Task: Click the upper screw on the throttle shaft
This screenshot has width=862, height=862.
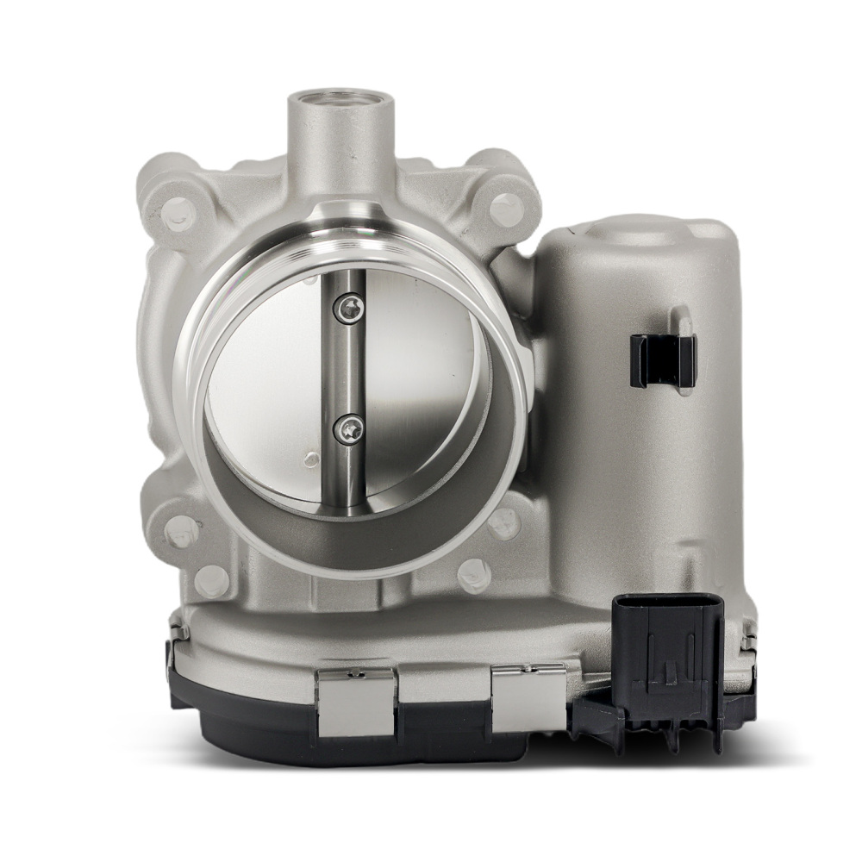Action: click(x=348, y=308)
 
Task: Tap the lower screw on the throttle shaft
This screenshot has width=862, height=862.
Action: click(x=348, y=428)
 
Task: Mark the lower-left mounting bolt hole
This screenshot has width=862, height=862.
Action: click(x=182, y=530)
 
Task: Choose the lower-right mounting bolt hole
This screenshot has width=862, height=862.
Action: click(x=503, y=522)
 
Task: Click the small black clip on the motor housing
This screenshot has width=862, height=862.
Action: click(x=663, y=359)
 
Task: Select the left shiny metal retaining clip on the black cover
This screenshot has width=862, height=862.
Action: click(x=356, y=701)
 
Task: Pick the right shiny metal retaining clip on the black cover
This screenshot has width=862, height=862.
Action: click(x=528, y=695)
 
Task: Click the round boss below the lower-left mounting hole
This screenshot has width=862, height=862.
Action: click(x=211, y=580)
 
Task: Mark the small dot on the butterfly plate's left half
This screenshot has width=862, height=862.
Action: click(x=311, y=459)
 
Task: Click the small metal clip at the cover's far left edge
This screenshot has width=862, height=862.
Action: click(x=178, y=634)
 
